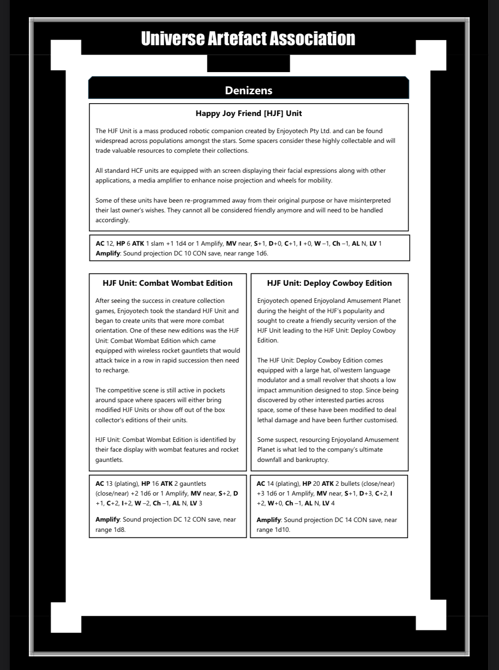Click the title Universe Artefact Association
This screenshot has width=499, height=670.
pos(248,38)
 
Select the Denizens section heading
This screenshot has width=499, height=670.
pos(248,90)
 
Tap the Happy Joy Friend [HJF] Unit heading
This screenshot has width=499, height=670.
pos(249,113)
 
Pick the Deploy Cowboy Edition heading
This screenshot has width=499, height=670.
pos(329,283)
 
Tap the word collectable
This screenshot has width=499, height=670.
pos(354,141)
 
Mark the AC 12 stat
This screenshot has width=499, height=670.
pos(104,244)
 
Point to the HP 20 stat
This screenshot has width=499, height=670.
pos(311,484)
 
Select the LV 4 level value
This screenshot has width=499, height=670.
pos(328,503)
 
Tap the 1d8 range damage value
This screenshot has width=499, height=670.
pos(119,530)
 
